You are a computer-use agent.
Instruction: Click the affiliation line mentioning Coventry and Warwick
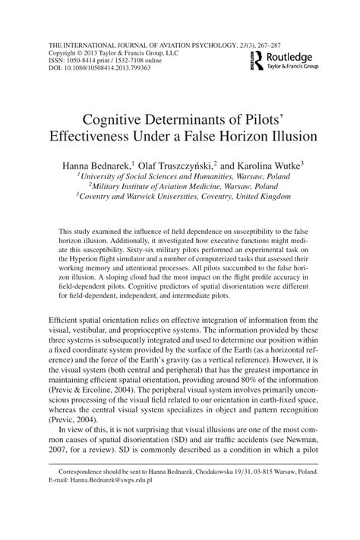click(x=179, y=194)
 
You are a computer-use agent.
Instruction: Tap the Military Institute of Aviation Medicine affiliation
click(x=179, y=184)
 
